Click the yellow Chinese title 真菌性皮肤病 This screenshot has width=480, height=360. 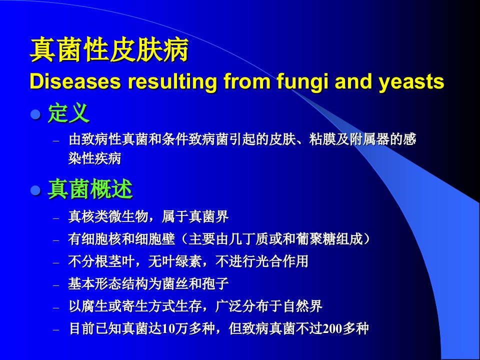pyautogui.click(x=109, y=49)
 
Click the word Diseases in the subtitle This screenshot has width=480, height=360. pyautogui.click(x=75, y=81)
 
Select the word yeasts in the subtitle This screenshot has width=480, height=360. pyautogui.click(x=411, y=82)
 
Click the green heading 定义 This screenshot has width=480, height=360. pyautogui.click(x=68, y=113)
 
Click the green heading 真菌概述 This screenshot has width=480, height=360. pyautogui.click(x=90, y=189)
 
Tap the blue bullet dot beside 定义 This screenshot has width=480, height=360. pyautogui.click(x=36, y=114)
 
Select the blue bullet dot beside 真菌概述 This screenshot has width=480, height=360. pyautogui.click(x=36, y=190)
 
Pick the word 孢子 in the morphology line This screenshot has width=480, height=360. pyautogui.click(x=215, y=284)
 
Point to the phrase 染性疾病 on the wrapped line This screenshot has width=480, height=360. pyautogui.click(x=94, y=158)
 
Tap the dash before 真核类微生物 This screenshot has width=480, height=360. pyautogui.click(x=56, y=218)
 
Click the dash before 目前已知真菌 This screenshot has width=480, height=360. pyautogui.click(x=56, y=330)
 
